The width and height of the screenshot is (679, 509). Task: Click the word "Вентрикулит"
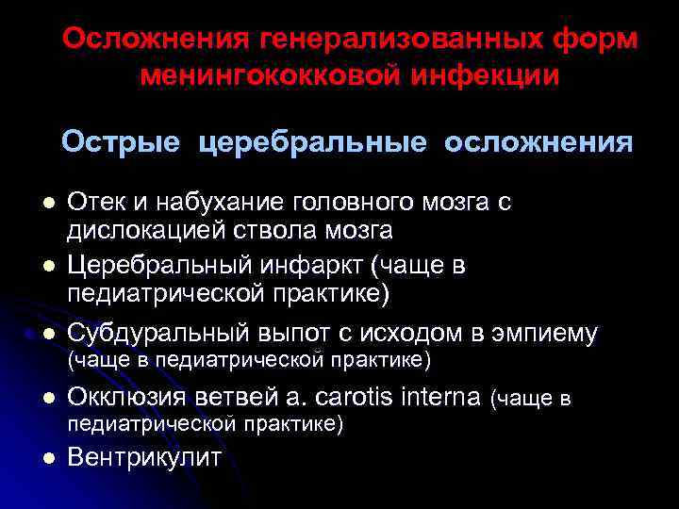point(144,459)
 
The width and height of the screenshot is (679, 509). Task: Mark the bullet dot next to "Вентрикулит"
point(48,459)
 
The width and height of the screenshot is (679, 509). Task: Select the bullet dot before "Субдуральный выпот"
point(48,334)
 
